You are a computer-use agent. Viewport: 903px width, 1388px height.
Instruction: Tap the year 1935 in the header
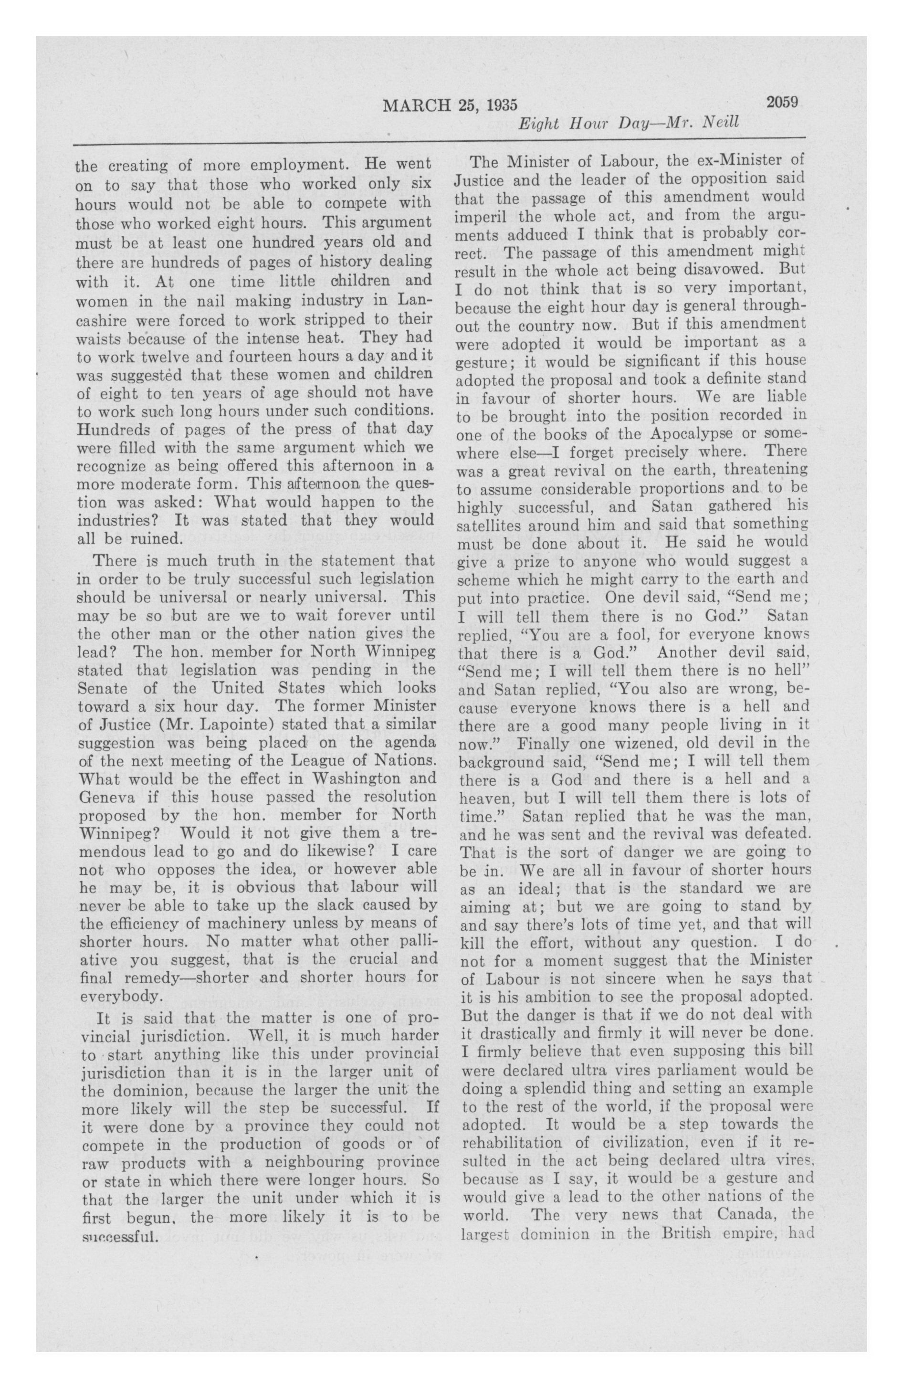(498, 105)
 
